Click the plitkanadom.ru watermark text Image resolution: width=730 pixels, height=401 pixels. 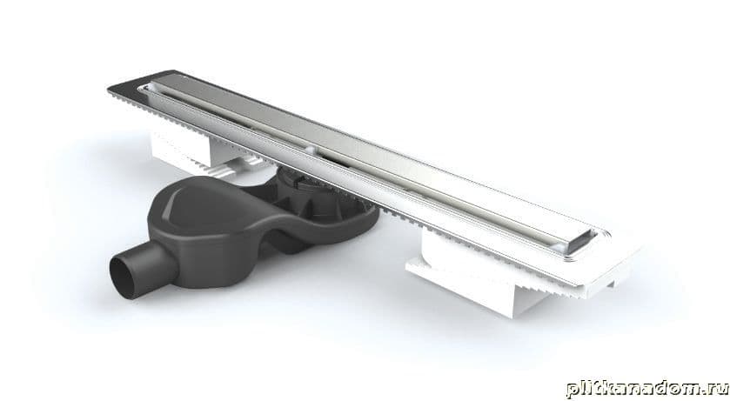coord(647,388)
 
